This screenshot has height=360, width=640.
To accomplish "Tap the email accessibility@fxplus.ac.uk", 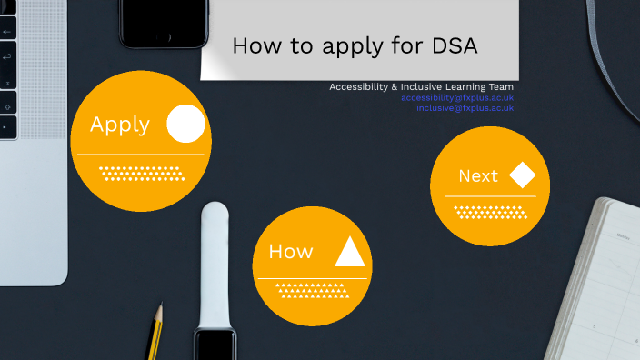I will [x=457, y=97].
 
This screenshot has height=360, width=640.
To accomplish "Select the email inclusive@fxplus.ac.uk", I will [x=465, y=107].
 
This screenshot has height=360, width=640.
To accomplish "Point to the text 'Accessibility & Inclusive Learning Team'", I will [x=421, y=87].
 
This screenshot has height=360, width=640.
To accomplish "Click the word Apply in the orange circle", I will [x=120, y=125].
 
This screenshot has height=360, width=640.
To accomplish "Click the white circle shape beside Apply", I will [x=185, y=125].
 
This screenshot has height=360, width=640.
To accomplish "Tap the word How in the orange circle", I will [x=291, y=252].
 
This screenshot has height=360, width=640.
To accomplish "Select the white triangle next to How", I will [x=350, y=251].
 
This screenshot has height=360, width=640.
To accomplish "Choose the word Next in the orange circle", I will [x=478, y=176].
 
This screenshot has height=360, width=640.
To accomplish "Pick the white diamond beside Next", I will [x=522, y=175].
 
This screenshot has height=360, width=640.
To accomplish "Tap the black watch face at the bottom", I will [x=215, y=345].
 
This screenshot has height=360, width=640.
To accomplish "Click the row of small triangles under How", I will [x=312, y=290].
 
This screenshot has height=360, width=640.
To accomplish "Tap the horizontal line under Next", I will [x=490, y=196].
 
